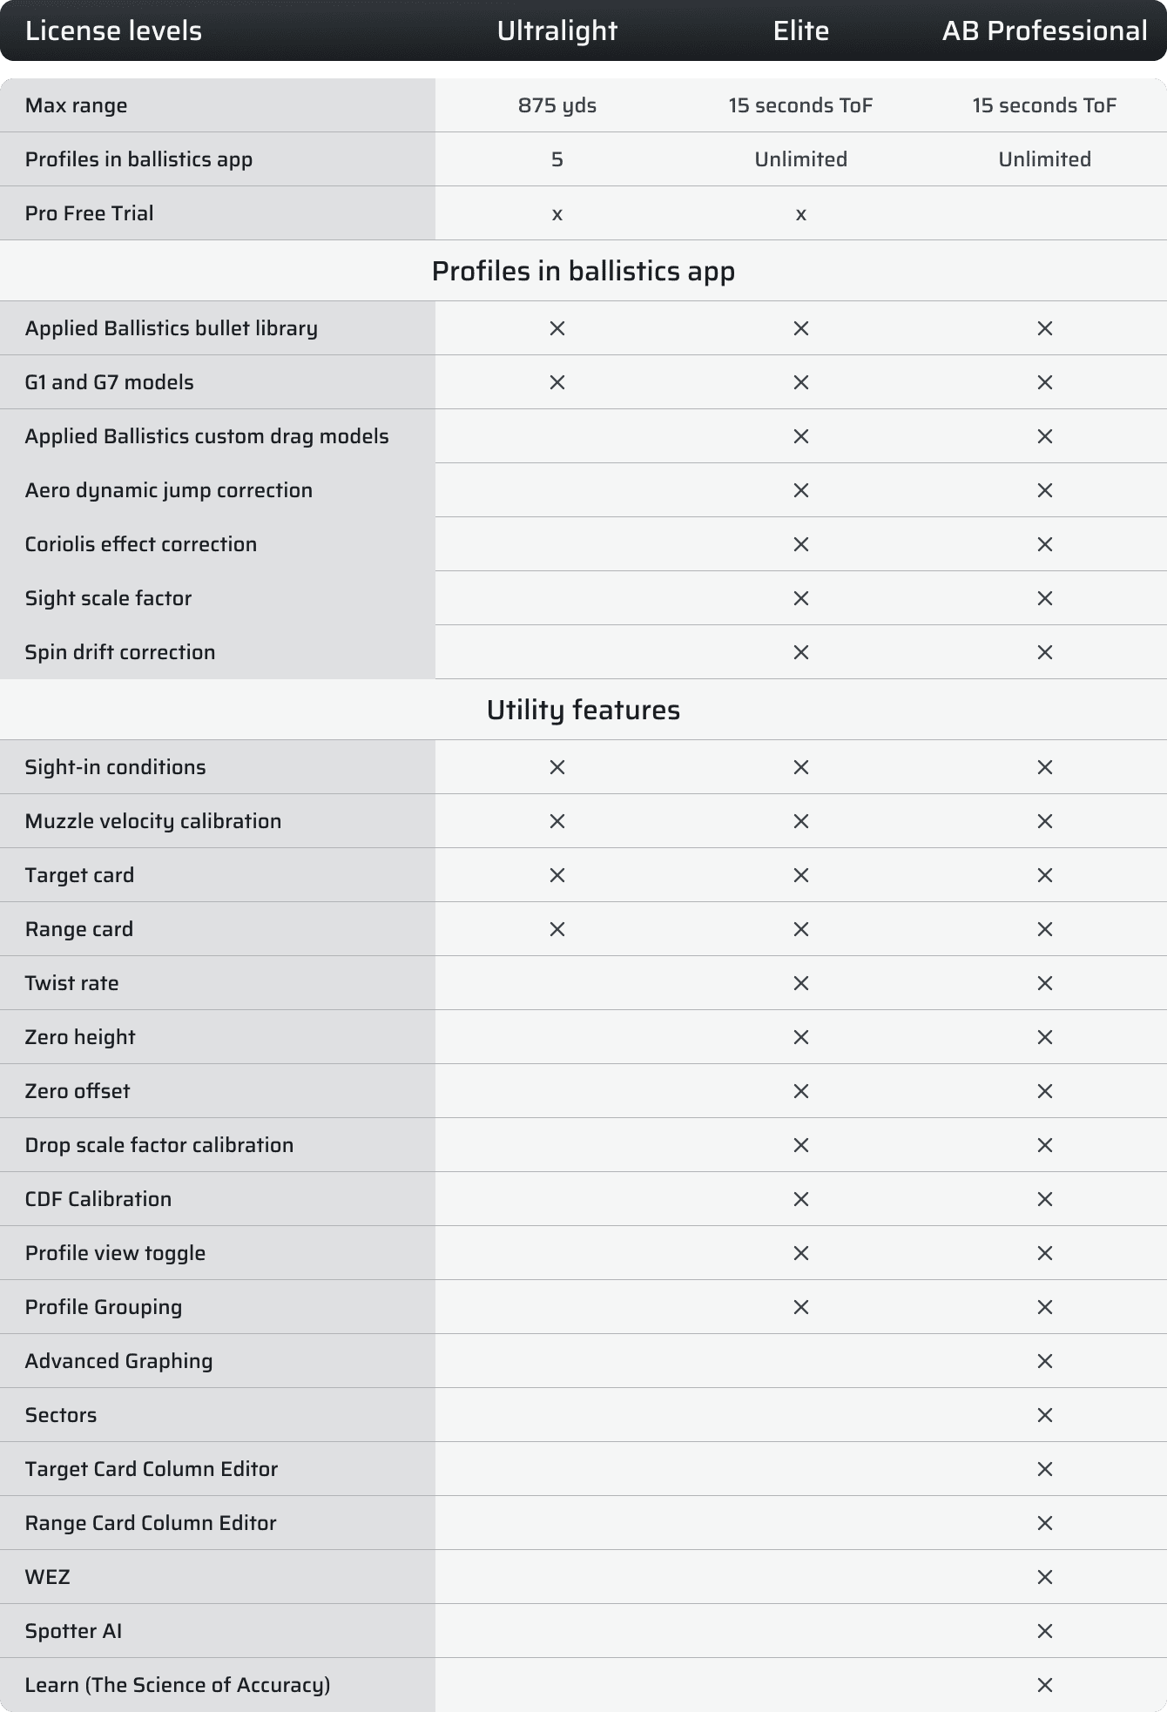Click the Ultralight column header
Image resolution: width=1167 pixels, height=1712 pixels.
coord(557,31)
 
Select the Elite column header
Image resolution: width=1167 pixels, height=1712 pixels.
coord(800,31)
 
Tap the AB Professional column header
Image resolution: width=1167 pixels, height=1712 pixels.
coord(1044,31)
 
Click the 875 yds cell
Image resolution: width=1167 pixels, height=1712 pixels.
coord(557,105)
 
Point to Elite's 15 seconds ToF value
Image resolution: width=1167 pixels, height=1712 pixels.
coord(800,105)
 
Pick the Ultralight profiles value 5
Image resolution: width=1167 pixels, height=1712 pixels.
coord(557,159)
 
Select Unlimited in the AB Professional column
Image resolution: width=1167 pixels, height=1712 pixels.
coord(1044,159)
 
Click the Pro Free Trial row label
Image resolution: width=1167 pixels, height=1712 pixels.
coord(89,213)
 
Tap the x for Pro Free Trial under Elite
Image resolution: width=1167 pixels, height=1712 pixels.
coord(800,214)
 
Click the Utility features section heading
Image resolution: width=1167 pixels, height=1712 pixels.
coord(583,710)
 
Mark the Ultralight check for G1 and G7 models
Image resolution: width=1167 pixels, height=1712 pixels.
coord(557,382)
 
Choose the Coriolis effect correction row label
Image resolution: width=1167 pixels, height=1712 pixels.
coord(140,544)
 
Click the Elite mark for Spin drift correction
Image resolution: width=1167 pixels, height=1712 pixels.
coord(800,652)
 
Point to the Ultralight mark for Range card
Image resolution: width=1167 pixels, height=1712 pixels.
coord(557,929)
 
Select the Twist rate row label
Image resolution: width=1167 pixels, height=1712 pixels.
coord(71,983)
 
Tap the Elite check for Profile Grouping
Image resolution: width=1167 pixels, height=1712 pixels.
coord(800,1307)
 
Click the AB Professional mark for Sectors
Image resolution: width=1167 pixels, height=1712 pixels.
coord(1044,1415)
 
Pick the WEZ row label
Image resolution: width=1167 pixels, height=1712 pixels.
coord(47,1577)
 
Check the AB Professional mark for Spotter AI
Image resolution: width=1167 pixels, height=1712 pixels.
coord(1044,1631)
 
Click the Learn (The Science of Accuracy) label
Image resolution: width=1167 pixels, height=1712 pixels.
coord(177,1685)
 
